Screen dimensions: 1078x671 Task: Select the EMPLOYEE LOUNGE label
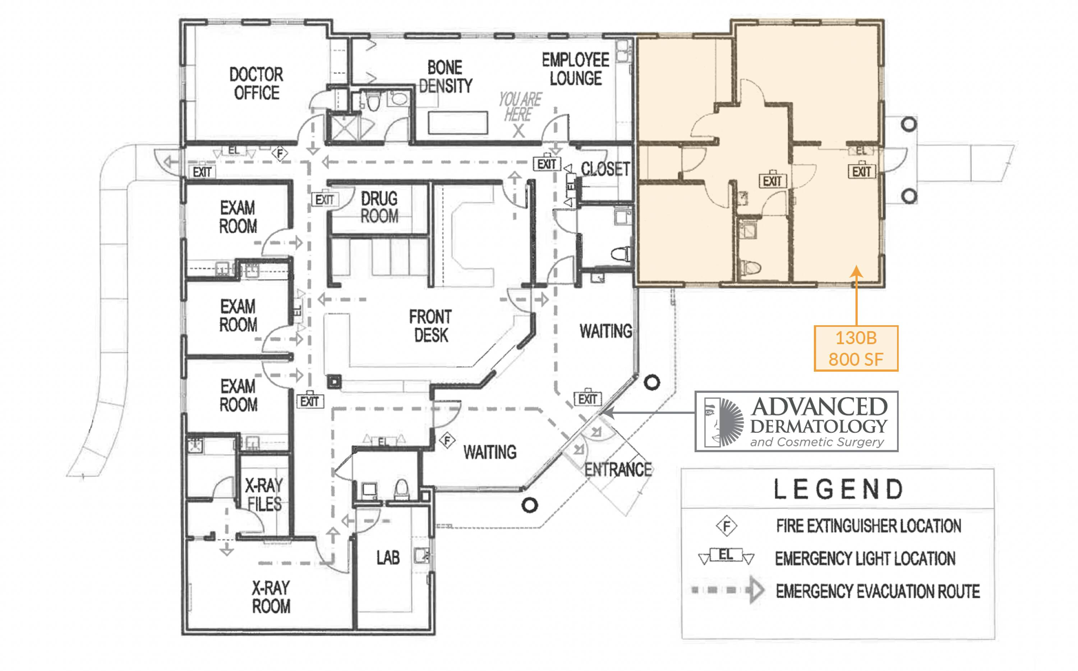pyautogui.click(x=575, y=69)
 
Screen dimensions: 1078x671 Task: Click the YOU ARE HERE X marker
pyautogui.click(x=519, y=131)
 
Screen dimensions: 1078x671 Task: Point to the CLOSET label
pyautogui.click(x=605, y=169)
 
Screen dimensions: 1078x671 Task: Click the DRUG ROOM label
pyautogui.click(x=379, y=207)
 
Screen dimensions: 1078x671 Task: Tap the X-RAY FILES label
pyautogui.click(x=264, y=495)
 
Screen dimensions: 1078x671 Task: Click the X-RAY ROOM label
pyautogui.click(x=271, y=597)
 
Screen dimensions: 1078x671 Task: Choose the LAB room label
pyautogui.click(x=388, y=558)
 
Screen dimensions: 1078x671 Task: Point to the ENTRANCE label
pyautogui.click(x=618, y=469)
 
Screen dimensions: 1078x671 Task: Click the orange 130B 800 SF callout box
pyautogui.click(x=856, y=348)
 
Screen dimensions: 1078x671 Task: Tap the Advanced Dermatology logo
pyautogui.click(x=796, y=421)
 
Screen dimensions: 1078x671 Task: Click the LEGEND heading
pyautogui.click(x=838, y=489)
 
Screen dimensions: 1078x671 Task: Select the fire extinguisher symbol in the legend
pyautogui.click(x=726, y=526)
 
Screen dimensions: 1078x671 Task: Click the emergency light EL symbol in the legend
pyautogui.click(x=726, y=556)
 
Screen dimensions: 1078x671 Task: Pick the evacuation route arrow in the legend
pyautogui.click(x=728, y=590)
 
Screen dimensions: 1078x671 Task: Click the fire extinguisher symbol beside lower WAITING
pyautogui.click(x=447, y=441)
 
